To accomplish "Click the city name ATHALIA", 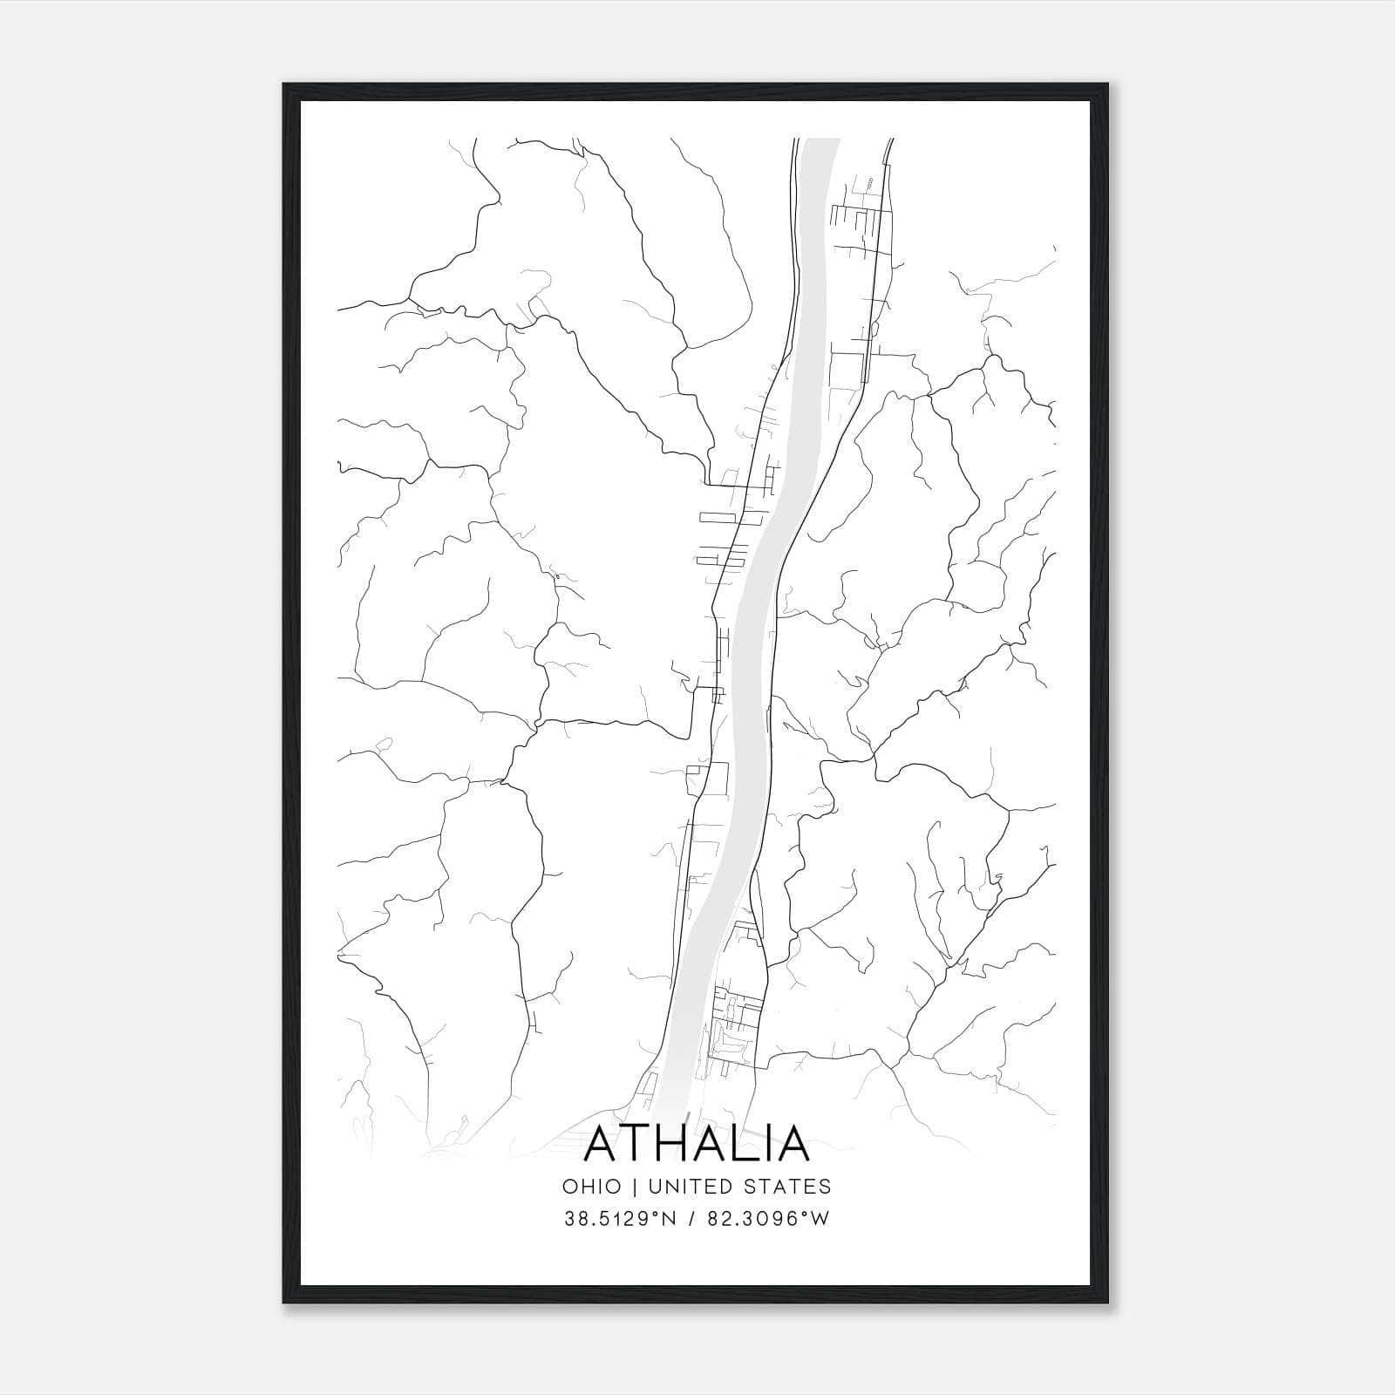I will (x=697, y=1143).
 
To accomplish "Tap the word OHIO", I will (x=592, y=1187).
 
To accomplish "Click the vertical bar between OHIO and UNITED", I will (x=634, y=1187).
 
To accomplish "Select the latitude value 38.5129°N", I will (x=621, y=1219).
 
